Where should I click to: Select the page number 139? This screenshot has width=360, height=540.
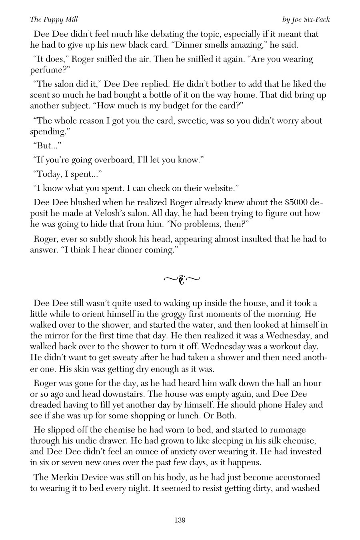click(x=180, y=520)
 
